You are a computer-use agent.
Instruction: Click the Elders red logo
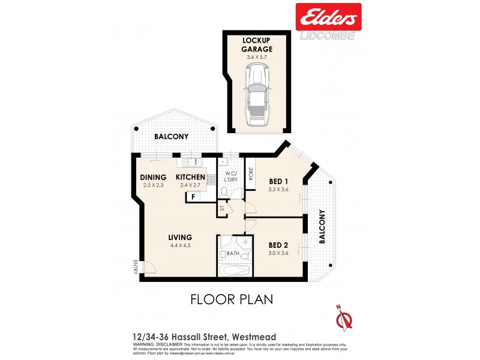coord(328,16)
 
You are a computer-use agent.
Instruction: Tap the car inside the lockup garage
coord(257,95)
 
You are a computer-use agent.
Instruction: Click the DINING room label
coord(154,178)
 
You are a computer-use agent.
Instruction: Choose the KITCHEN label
coord(190,178)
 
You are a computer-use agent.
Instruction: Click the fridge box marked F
coord(194,197)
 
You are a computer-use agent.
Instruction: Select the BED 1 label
coord(278,181)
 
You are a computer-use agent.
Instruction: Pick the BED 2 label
coord(278,245)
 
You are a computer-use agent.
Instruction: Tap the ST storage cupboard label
coord(221,209)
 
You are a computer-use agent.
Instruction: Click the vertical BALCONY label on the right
coord(322,226)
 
